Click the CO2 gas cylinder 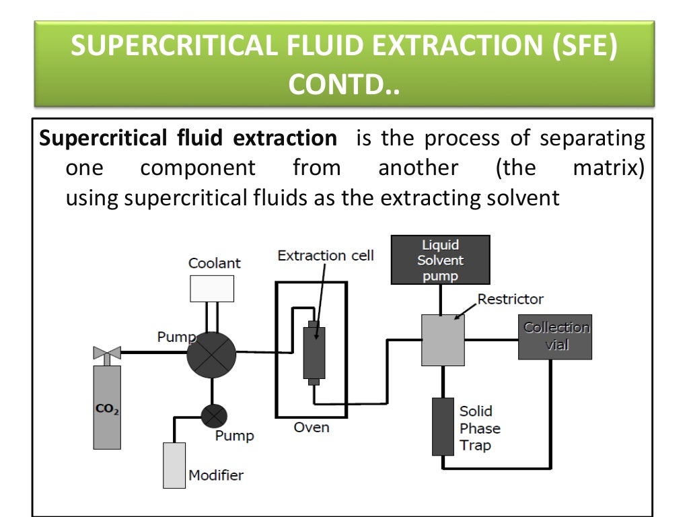(x=107, y=407)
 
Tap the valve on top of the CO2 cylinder (x=107, y=353)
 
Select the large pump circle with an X (x=211, y=353)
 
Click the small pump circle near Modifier (x=214, y=416)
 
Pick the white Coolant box (x=212, y=288)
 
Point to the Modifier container (x=174, y=464)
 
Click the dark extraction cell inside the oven (x=314, y=353)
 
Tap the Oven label (x=312, y=427)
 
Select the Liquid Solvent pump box (x=440, y=260)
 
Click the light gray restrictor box (x=443, y=340)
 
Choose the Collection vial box (x=555, y=337)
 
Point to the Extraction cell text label (x=326, y=256)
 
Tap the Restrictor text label (x=511, y=299)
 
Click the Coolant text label (x=214, y=264)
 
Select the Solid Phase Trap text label (x=480, y=428)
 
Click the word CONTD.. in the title (x=344, y=85)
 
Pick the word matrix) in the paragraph (x=608, y=168)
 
